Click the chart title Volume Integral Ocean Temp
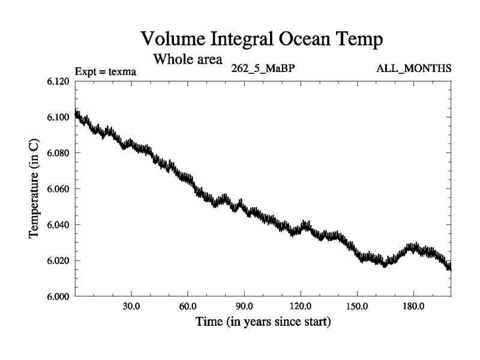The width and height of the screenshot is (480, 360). coord(261,40)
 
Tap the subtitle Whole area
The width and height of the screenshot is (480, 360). coord(188,59)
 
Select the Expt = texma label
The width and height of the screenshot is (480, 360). coord(106,72)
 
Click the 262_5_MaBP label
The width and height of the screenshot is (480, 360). coord(263,68)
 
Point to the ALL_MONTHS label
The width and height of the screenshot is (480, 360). coord(413,68)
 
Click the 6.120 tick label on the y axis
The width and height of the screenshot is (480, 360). coord(58,81)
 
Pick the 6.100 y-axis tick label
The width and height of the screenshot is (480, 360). coord(58,117)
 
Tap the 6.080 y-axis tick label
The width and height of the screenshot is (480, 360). coord(58,153)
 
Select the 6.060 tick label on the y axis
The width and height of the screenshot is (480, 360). coord(58,189)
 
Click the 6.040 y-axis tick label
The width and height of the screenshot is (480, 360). coord(58,225)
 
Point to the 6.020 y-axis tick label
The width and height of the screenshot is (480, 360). coord(58,261)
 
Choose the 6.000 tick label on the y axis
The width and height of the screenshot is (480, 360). coord(58,296)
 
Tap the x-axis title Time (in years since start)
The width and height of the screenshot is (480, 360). coord(263,322)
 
